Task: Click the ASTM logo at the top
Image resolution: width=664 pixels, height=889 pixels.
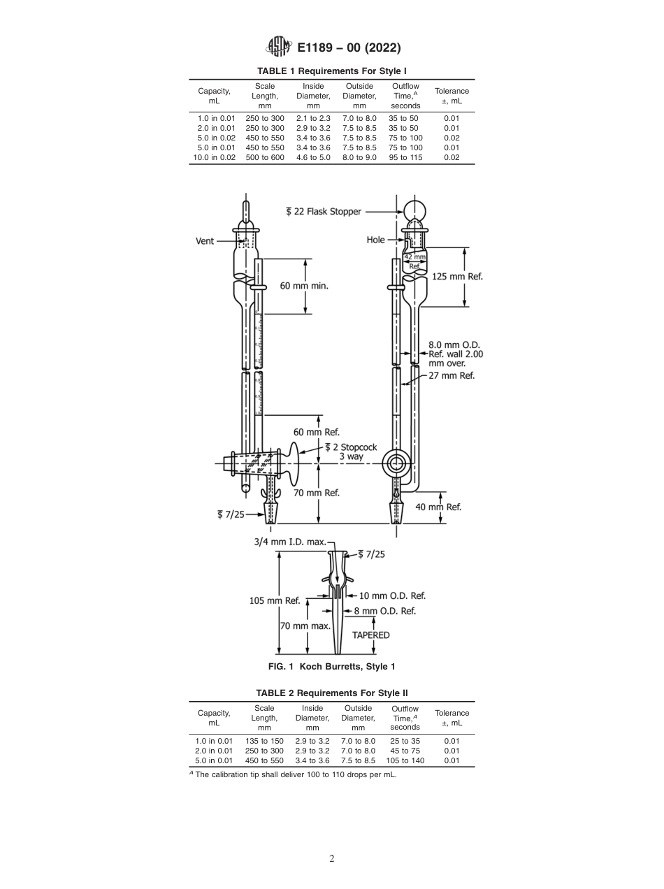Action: point(280,48)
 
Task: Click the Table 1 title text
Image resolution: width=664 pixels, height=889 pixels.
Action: point(332,71)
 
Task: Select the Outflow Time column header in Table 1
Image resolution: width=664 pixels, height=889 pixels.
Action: point(405,96)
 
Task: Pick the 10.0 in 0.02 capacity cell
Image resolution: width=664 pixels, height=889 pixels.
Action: point(214,158)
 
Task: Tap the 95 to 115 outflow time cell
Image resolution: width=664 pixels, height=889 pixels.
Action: point(405,158)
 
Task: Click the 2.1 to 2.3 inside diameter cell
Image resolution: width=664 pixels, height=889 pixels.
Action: point(312,119)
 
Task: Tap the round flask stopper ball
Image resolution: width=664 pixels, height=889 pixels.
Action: point(414,210)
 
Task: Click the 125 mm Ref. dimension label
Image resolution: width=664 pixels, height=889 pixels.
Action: point(457,276)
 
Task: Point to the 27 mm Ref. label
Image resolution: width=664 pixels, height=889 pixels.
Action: point(452,375)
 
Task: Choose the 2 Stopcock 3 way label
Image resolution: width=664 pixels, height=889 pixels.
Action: point(351,451)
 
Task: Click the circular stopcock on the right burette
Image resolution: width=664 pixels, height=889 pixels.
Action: point(397,463)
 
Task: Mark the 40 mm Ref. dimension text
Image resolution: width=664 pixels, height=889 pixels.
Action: point(438,507)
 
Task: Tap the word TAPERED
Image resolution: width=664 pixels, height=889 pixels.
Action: point(370,635)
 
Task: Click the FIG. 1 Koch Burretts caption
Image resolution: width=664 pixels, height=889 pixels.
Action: point(332,667)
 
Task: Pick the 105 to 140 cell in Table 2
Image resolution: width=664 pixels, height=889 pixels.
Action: point(405,760)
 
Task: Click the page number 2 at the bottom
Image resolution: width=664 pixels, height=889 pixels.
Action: point(332,859)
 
